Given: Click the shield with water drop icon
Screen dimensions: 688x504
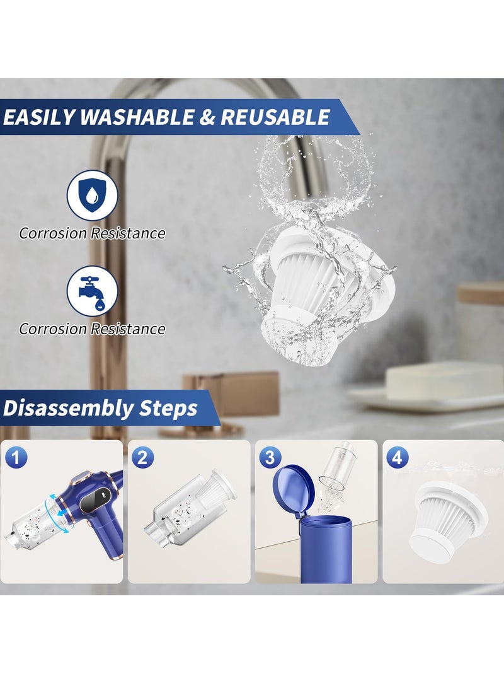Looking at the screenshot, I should point(92,195).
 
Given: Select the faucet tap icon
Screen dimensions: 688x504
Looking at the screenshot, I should point(92,291).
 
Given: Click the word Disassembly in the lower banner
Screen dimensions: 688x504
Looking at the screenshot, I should point(62,408).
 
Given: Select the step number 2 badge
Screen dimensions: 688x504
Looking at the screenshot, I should point(142,457).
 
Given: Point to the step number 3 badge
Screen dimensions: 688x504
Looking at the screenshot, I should point(269,457).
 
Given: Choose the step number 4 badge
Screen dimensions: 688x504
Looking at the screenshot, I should point(396,457).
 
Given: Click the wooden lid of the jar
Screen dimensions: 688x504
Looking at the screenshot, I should point(480,293).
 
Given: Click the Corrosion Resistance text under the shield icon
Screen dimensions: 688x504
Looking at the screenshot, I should point(92,233).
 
